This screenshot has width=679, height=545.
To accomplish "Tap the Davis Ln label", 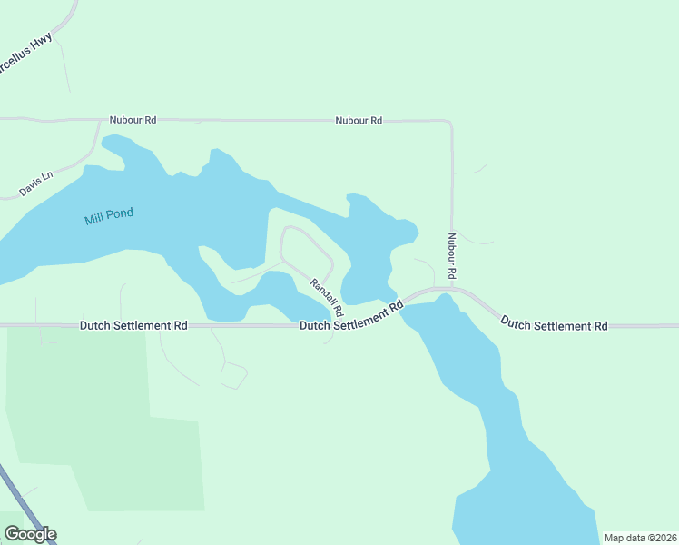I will (36, 184).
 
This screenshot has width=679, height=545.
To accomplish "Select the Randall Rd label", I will (326, 297).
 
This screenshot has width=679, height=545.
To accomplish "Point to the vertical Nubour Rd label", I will (450, 255).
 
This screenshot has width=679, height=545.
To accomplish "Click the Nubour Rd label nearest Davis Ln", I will (133, 119).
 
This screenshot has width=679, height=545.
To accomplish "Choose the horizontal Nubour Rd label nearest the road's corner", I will (359, 120).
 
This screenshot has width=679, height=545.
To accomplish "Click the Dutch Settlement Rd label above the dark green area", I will (133, 324).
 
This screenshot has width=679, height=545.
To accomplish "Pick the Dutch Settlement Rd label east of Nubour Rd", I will (554, 323).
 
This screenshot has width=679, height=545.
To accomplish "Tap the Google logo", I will (30, 534).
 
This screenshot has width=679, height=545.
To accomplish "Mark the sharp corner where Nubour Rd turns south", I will (450, 122).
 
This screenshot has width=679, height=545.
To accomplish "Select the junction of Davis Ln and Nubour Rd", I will (98, 119).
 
